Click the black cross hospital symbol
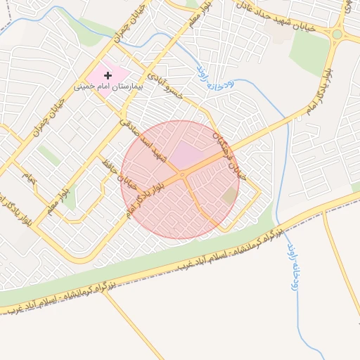tap(108, 75)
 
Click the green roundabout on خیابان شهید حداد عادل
tap(337, 34)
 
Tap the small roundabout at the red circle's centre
tap(182, 174)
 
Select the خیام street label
tap(27, 175)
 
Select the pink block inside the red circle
tap(186, 153)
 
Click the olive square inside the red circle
tap(229, 196)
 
